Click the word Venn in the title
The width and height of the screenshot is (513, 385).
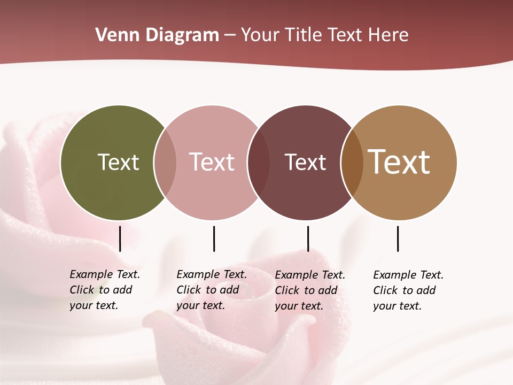[115, 35]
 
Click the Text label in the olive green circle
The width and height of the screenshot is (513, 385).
[119, 162]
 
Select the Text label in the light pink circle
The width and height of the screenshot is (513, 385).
[212, 162]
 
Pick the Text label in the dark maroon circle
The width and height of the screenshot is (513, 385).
[306, 162]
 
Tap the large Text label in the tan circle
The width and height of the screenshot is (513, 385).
[399, 162]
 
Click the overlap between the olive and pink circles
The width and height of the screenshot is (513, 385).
[165, 163]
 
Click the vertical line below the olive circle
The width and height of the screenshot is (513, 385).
[120, 238]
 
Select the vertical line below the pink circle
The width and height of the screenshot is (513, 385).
[214, 238]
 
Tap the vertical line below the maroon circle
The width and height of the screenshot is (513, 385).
[308, 238]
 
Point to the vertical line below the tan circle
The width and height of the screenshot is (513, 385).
[398, 238]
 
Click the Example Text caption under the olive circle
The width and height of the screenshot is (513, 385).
[104, 290]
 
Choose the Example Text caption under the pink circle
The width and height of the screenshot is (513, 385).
[211, 290]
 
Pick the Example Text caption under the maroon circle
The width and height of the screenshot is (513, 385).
[309, 290]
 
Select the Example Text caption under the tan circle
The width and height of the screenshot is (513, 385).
[408, 290]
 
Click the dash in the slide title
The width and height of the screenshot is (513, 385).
[230, 36]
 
